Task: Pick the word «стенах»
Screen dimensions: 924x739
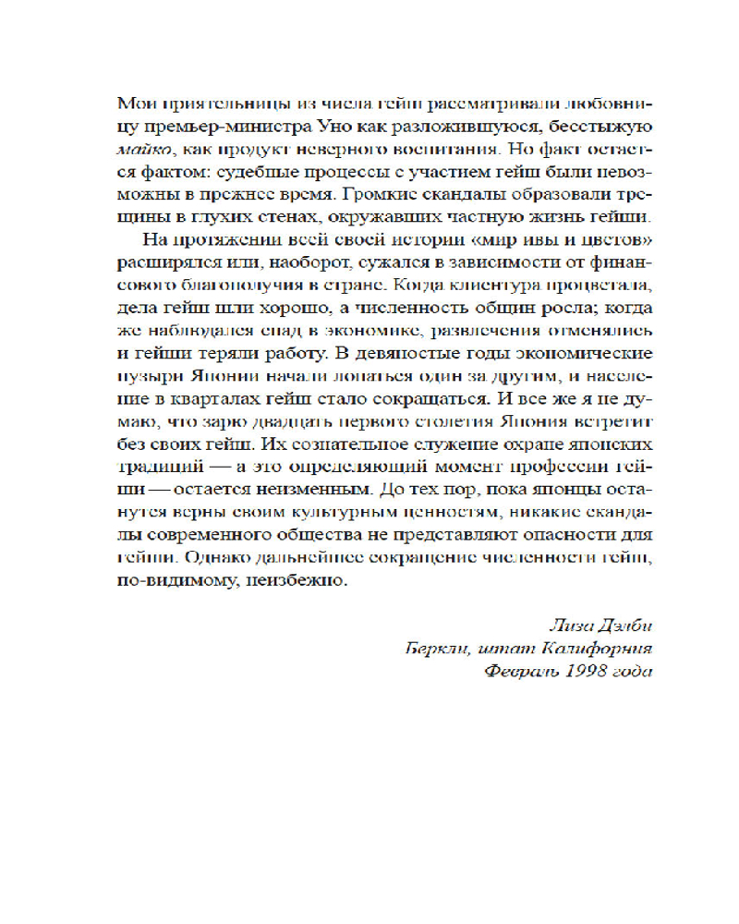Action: pos(284,218)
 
